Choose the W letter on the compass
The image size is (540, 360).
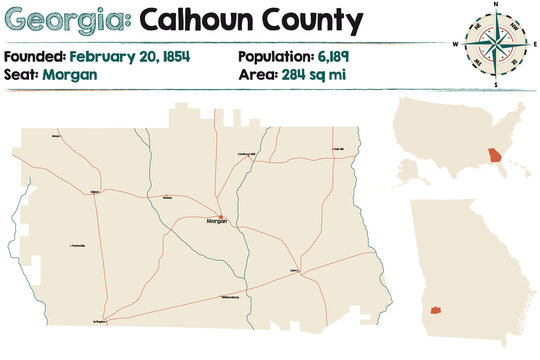457,45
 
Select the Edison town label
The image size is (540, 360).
94,192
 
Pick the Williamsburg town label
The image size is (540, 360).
230,297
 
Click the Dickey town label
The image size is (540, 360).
166,198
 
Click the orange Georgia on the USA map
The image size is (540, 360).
493,157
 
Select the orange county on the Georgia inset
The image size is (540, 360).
436,311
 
